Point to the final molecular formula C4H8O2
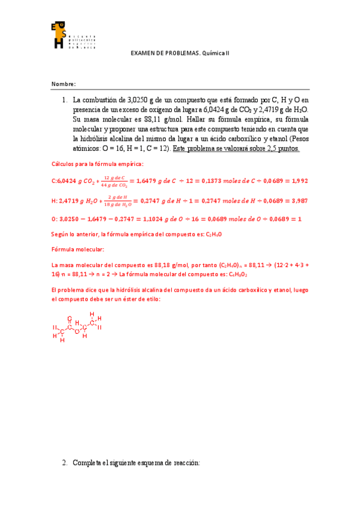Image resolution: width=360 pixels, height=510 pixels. click(x=237, y=274)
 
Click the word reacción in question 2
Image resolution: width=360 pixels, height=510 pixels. click(x=186, y=463)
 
